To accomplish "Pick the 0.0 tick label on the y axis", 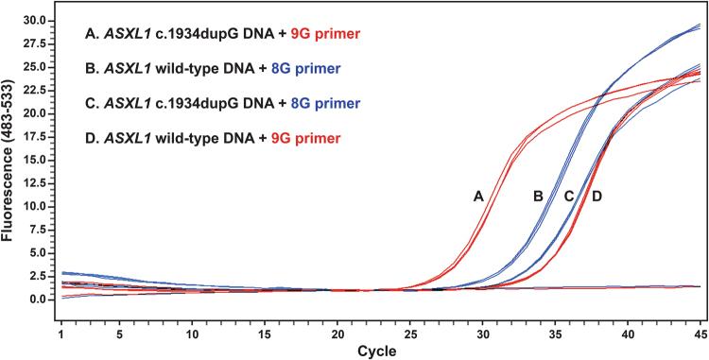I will point(36,300).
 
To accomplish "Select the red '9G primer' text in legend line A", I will point(288,37).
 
